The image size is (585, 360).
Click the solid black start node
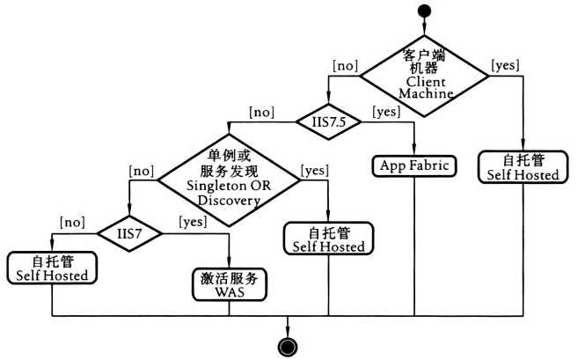click(425, 11)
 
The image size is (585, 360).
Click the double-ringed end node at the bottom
click(287, 345)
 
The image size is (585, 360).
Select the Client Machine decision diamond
click(426, 74)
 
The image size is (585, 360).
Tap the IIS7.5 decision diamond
click(326, 121)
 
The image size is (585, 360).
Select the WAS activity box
click(228, 285)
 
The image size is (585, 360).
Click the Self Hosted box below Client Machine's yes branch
click(523, 167)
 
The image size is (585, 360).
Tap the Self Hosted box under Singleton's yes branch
click(328, 239)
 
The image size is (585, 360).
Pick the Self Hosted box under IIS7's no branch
click(52, 268)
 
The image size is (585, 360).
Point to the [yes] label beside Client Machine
click(505, 64)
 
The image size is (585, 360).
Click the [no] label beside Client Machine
click(345, 64)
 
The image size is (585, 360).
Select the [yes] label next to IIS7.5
click(386, 111)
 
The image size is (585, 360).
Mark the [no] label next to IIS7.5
click(262, 111)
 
